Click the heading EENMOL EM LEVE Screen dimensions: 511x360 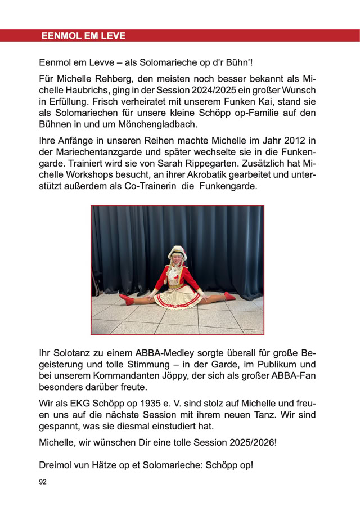pyautogui.click(x=83, y=36)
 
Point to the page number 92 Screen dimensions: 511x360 pyautogui.click(x=43, y=482)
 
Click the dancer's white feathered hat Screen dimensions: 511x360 pyautogui.click(x=177, y=252)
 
